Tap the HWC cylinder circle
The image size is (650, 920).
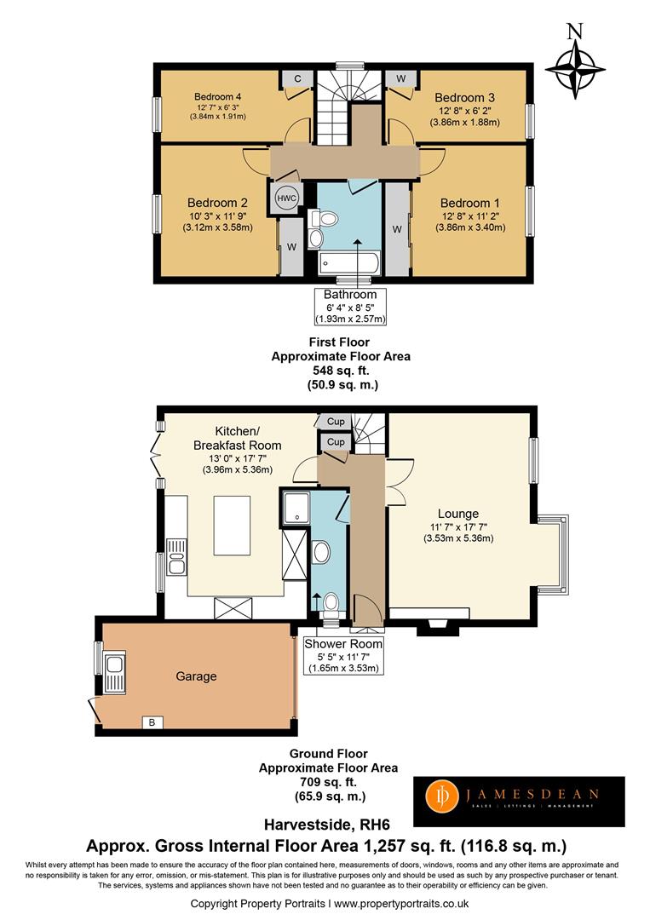click(x=287, y=198)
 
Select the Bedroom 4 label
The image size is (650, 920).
click(x=217, y=97)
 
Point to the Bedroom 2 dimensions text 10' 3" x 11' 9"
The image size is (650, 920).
click(x=217, y=216)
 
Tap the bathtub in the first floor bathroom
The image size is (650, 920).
click(x=348, y=263)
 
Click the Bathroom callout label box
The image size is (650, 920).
click(x=350, y=306)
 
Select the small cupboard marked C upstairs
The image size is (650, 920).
click(x=297, y=78)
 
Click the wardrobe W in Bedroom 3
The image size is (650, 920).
click(x=400, y=78)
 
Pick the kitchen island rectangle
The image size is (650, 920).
click(x=232, y=525)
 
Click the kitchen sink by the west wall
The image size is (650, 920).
click(x=176, y=557)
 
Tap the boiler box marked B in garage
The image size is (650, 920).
click(x=152, y=722)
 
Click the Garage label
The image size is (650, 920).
click(x=196, y=676)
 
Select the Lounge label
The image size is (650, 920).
click(x=458, y=514)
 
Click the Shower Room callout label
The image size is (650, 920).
click(x=343, y=644)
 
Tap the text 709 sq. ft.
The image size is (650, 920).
click(x=329, y=782)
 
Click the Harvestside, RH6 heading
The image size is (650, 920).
click(x=327, y=825)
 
